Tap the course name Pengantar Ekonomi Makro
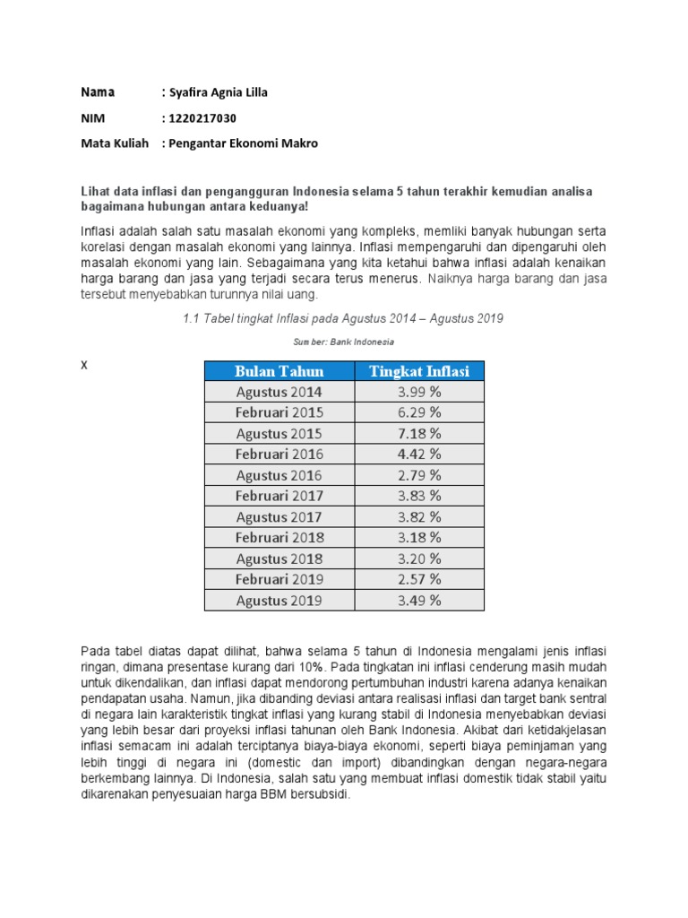[243, 143]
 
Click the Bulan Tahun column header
[279, 371]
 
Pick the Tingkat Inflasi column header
[419, 371]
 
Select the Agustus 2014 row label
[279, 392]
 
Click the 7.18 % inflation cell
[419, 433]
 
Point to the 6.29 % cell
[419, 412]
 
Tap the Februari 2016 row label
[279, 455]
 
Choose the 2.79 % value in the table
[419, 475]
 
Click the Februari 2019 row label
[279, 579]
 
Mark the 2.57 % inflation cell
[419, 579]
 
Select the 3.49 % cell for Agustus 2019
[419, 601]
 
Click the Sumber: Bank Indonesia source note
[343, 342]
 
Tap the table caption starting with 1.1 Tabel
[343, 318]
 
